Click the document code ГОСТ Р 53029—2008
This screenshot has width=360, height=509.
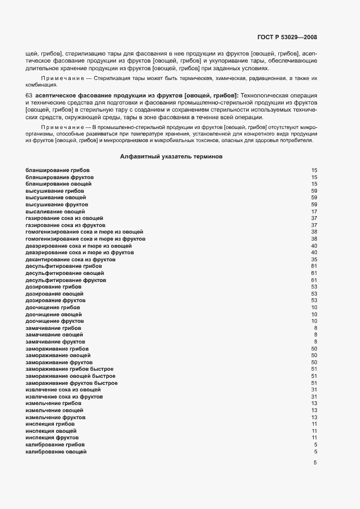pyautogui.click(x=286, y=38)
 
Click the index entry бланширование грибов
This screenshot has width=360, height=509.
pyautogui.click(x=58, y=170)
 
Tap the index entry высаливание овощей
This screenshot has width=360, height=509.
pyautogui.click(x=55, y=211)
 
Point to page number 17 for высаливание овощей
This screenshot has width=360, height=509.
pyautogui.click(x=314, y=211)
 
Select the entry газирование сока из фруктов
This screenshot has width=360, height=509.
pyautogui.click(x=65, y=225)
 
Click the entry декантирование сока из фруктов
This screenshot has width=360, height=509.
pyautogui.click(x=70, y=260)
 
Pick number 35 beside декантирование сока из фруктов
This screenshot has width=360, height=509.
pyautogui.click(x=314, y=260)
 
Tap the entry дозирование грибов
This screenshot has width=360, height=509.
pyautogui.click(x=53, y=287)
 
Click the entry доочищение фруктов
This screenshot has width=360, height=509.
pyautogui.click(x=54, y=321)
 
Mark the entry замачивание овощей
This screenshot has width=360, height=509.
pyautogui.click(x=54, y=335)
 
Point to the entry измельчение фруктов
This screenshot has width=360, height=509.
pyautogui.click(x=56, y=417)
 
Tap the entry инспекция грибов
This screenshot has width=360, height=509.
pyautogui.click(x=50, y=424)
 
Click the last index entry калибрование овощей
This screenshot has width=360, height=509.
pyautogui.click(x=56, y=451)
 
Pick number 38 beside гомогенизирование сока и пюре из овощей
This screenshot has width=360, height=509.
pyautogui.click(x=314, y=232)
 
